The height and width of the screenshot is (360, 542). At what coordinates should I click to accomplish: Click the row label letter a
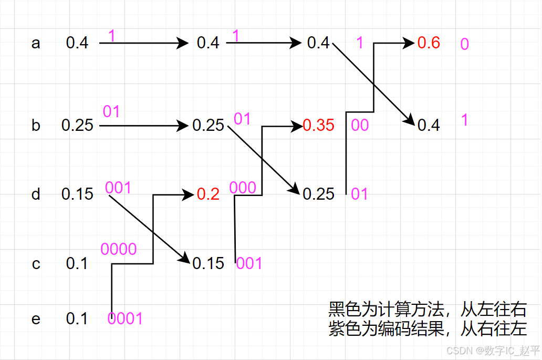pos(36,43)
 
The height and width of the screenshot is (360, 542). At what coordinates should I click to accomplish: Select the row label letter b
pos(36,126)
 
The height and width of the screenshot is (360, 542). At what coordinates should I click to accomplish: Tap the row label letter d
pos(36,194)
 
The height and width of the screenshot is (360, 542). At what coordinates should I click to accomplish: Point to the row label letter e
pos(36,319)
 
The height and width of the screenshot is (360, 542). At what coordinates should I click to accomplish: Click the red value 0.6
pos(429,43)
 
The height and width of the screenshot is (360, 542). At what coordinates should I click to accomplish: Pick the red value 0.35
pos(319,126)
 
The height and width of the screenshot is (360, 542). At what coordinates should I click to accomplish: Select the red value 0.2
pos(209,194)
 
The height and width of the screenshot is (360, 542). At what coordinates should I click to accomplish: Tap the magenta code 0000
pos(119,249)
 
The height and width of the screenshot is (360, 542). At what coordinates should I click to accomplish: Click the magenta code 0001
pos(125,318)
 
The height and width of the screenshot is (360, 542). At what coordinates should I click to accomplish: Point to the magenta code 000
pos(243,188)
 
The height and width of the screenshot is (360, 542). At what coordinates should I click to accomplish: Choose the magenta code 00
pos(360,126)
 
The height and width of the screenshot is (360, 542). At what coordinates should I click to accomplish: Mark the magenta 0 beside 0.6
pos(464,44)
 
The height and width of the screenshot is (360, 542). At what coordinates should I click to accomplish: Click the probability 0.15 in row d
pos(77,194)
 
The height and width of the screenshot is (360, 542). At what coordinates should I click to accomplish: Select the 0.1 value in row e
pos(77,319)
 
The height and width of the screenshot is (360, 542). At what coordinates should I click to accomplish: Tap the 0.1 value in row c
pos(77,264)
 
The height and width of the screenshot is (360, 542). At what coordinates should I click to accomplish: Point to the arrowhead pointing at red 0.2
pos(189,194)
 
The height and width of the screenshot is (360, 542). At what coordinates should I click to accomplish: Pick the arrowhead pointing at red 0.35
pos(298,126)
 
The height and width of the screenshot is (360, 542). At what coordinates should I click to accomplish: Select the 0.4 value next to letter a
pos(77,43)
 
